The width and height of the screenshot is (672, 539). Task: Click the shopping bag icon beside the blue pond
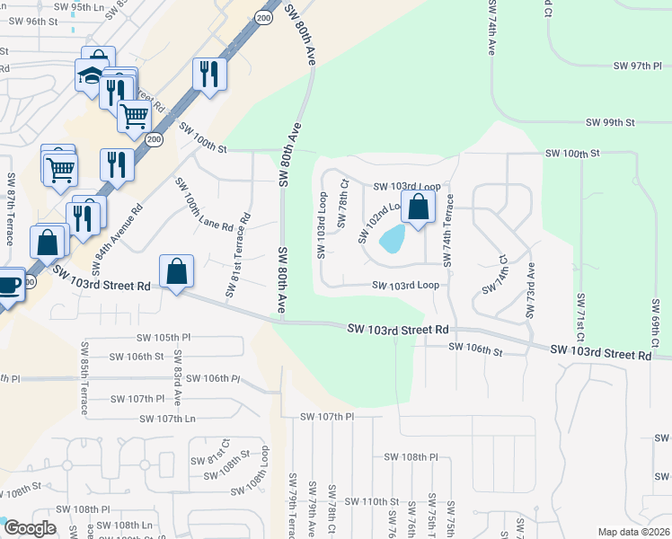coord(419,208)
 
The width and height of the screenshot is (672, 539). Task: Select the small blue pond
coord(393,239)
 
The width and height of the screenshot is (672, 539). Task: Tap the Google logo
coord(30,528)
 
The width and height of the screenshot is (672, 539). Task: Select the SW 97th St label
coord(637,66)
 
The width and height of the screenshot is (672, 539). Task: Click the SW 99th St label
coord(610,122)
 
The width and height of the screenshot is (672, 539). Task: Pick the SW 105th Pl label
coord(164,338)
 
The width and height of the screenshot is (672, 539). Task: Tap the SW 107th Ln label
coord(167,419)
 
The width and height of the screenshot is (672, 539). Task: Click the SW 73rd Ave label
coord(530,289)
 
